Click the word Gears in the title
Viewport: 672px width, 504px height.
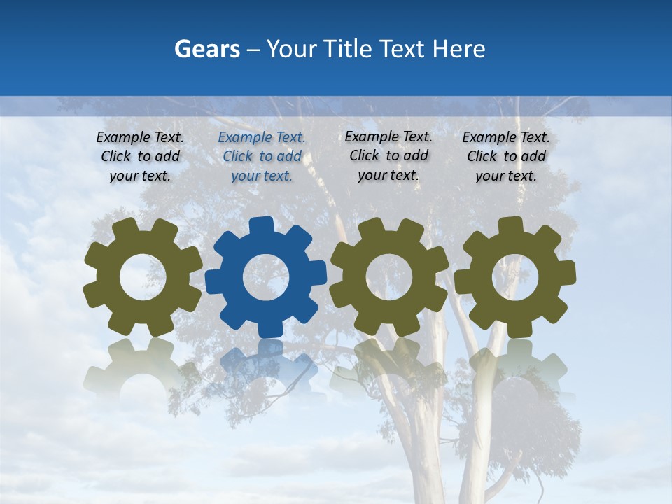pos(207,49)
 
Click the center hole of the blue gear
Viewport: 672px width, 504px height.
pos(266,277)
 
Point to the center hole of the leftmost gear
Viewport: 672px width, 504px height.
pos(143,278)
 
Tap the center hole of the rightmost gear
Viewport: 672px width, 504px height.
pos(515,277)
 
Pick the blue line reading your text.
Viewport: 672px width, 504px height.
pos(262,176)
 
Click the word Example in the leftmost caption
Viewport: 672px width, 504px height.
pos(123,138)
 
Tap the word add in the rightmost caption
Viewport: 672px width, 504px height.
pos(533,156)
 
